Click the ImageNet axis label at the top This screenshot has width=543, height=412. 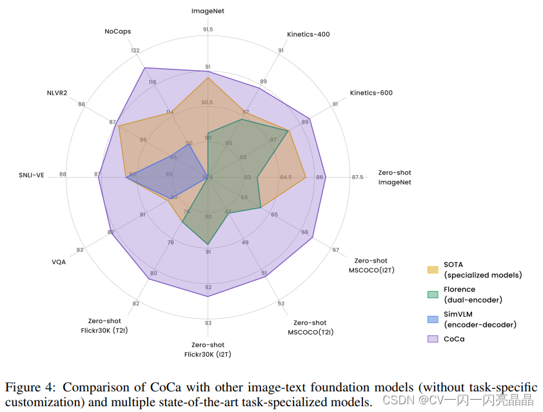207,11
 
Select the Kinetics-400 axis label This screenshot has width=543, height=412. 308,34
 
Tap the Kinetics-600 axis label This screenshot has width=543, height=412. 371,93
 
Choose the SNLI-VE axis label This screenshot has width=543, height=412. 31,175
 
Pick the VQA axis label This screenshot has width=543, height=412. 59,261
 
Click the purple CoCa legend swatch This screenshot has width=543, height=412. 433,338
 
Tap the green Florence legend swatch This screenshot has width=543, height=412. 433,294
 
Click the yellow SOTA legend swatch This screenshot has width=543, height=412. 433,269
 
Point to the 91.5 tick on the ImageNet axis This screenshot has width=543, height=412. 208,30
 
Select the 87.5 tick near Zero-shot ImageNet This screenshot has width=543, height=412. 357,177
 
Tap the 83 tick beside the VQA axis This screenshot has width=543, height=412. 80,250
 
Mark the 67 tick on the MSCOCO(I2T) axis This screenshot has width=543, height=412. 335,250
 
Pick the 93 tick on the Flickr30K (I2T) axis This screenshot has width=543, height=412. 208,323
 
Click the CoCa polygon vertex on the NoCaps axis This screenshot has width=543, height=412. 144,68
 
